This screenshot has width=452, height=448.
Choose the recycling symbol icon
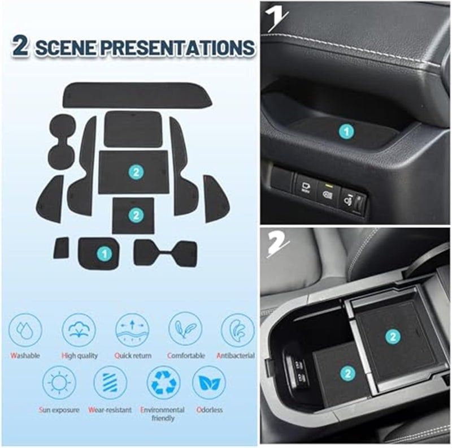point(164,382)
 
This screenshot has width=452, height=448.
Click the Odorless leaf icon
point(208,382)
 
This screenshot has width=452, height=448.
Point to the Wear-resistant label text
point(110,410)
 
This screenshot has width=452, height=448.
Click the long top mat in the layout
point(137,95)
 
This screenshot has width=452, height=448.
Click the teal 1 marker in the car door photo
point(346,131)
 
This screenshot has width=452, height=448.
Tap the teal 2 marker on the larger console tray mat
point(392,336)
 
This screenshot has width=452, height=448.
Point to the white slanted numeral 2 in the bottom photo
point(278,244)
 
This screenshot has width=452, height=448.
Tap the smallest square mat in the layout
point(62,247)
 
